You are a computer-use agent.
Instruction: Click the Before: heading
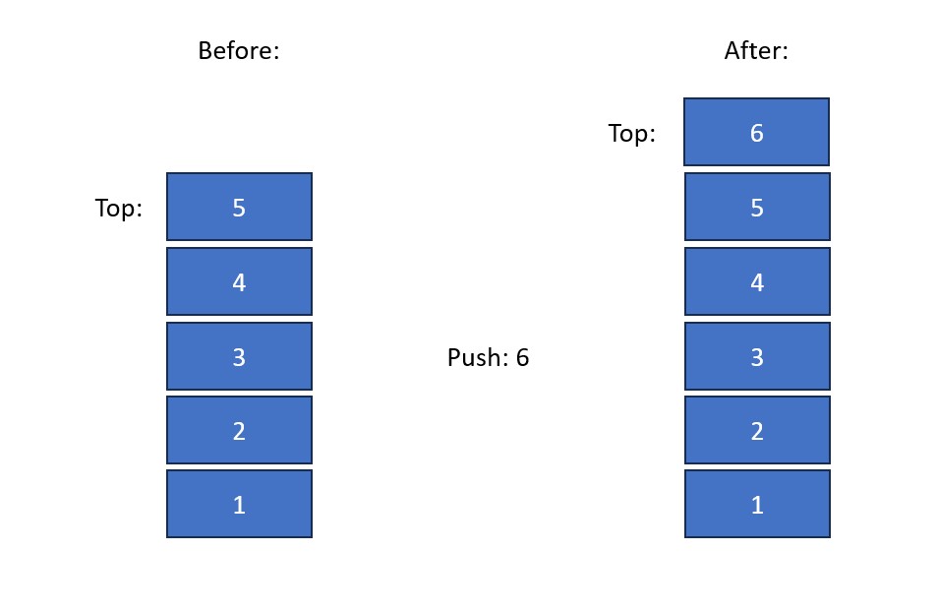tap(239, 51)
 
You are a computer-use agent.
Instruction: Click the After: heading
tap(756, 51)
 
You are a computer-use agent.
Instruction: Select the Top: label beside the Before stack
tap(119, 209)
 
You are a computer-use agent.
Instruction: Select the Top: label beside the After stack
tap(631, 133)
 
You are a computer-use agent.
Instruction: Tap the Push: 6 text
tap(488, 358)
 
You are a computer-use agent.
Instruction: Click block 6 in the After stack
tap(756, 132)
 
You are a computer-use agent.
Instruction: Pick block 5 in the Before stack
tap(239, 207)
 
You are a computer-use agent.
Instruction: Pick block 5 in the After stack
tap(757, 207)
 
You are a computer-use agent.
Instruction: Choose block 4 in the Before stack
tap(239, 281)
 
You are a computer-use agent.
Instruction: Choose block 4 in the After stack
tap(757, 281)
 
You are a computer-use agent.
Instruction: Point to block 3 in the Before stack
tap(239, 356)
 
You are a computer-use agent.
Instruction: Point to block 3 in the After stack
tap(757, 356)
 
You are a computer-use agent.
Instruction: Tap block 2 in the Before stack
tap(239, 430)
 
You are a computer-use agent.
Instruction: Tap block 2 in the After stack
tap(757, 430)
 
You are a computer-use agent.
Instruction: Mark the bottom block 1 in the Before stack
tap(239, 504)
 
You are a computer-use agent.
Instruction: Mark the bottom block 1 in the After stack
tap(757, 504)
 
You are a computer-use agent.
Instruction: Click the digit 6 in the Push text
tap(522, 358)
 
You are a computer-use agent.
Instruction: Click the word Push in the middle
tap(475, 358)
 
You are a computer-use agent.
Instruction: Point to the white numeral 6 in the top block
tap(756, 134)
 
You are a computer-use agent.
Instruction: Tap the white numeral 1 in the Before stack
tap(239, 506)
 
